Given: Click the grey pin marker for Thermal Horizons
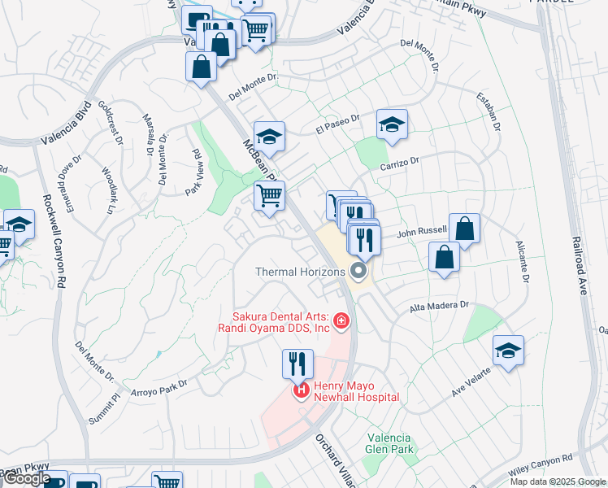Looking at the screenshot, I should point(358,272).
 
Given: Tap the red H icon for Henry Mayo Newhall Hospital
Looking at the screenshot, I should point(302,392).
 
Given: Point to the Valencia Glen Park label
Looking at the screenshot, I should point(389,442).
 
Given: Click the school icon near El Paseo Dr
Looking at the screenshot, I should point(392,124).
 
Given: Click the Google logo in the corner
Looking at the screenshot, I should point(27,479).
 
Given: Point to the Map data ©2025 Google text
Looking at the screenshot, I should point(558,481).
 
